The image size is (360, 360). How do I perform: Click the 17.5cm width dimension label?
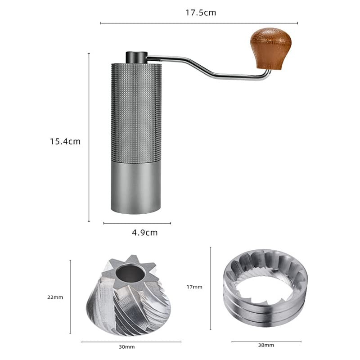click(201, 13)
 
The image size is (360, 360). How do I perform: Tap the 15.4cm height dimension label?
click(65, 141)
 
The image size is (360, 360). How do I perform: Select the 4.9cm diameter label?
click(144, 233)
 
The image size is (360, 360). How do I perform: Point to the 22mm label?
click(55, 297)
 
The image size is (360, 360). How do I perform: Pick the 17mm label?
click(194, 287)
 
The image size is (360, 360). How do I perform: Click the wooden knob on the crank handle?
click(271, 49)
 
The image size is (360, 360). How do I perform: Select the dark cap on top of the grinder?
click(136, 58)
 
